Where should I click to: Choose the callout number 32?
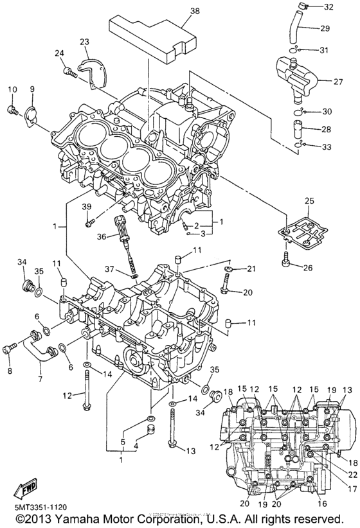328,7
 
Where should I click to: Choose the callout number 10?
12,89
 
